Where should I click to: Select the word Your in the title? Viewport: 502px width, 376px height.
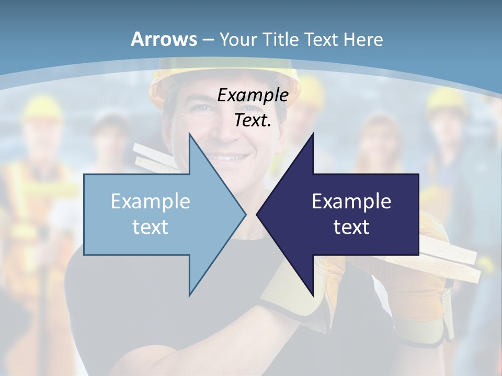click(x=238, y=39)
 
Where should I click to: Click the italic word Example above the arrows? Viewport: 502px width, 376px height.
click(x=253, y=96)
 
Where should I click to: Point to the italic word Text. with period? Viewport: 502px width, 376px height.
click(x=253, y=121)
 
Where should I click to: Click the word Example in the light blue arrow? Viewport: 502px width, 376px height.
click(x=151, y=202)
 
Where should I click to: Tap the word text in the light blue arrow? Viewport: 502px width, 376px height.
click(x=151, y=227)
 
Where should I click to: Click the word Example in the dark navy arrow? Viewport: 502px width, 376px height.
click(x=351, y=202)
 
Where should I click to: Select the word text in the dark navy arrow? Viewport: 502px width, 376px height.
click(x=351, y=227)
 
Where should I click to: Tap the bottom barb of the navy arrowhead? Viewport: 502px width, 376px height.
click(x=312, y=292)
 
